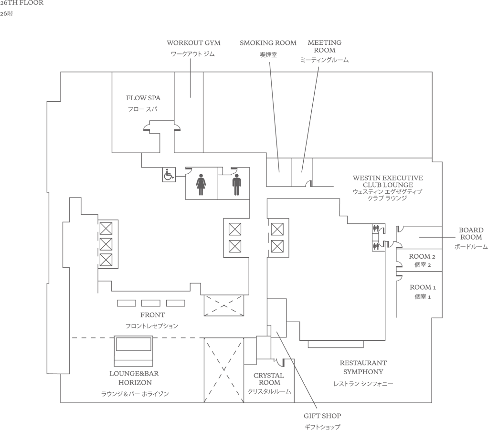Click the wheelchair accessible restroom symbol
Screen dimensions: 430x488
coord(168,175)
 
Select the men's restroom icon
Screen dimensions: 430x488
coord(236,185)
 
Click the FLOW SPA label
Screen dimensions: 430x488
coord(143,98)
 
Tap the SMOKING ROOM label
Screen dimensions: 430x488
coord(268,43)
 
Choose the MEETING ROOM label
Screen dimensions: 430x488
coord(324,46)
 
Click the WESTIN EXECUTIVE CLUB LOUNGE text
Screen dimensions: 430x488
coord(388,181)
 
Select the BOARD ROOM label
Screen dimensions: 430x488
coord(471,233)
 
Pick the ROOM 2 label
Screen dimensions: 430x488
coord(423,256)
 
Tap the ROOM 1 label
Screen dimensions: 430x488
coord(423,287)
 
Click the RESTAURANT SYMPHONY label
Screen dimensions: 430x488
coord(363,367)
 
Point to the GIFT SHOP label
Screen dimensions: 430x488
coord(322,416)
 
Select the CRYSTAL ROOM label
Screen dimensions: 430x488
coord(269,379)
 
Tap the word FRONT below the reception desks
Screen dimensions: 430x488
coord(152,315)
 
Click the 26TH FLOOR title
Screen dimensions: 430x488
coord(21,3)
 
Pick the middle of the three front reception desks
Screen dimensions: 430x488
coord(151,303)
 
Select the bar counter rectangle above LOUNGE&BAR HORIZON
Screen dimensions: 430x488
coord(134,350)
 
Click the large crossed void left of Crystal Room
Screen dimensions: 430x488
coord(223,370)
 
